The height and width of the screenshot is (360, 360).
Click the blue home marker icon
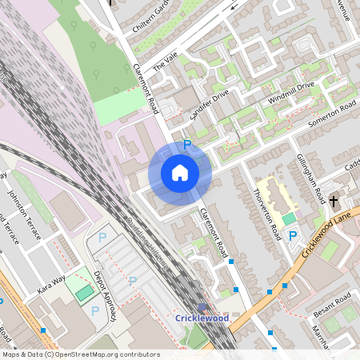pyautogui.click(x=180, y=173)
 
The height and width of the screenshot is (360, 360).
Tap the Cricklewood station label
pyautogui.click(x=202, y=318)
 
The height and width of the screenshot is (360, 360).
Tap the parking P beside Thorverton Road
pyautogui.click(x=293, y=237)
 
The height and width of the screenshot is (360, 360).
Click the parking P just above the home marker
pyautogui.click(x=187, y=145)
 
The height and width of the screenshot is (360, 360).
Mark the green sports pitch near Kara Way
pyautogui.click(x=84, y=293)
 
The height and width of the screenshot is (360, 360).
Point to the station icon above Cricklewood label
pyautogui.click(x=202, y=307)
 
